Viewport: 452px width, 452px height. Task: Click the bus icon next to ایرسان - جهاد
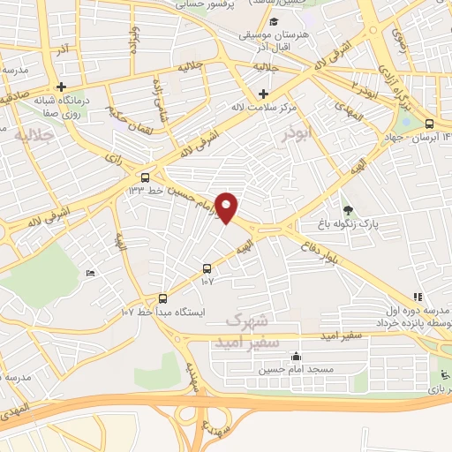pos(429,124)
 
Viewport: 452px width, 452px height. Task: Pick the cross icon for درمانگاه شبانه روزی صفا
pos(61,87)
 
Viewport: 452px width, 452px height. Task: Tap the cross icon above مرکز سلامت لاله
pos(263,94)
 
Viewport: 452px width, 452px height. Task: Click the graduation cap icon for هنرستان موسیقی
pos(275,22)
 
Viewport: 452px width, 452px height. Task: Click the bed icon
pos(92,273)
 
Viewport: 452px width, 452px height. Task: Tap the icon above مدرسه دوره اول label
pos(417,298)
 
